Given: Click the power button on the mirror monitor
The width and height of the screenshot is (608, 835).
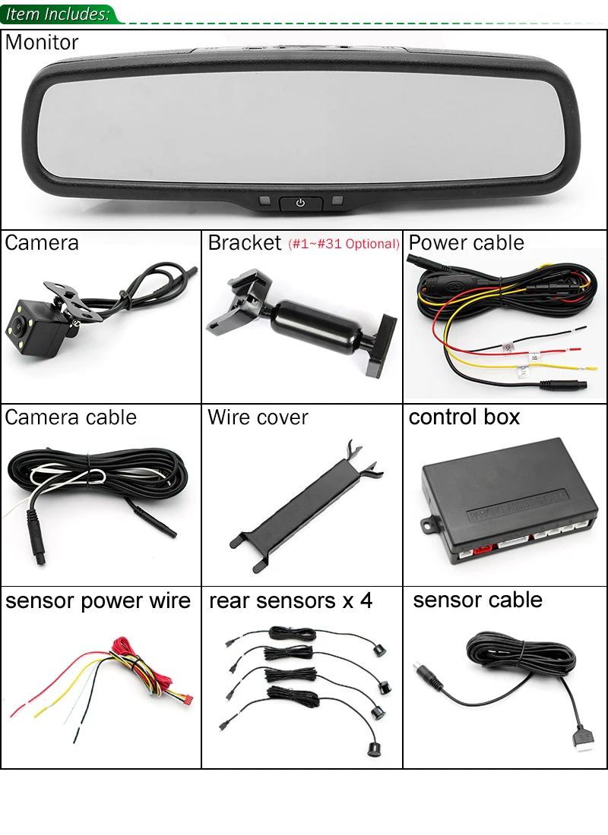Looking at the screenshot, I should (301, 203).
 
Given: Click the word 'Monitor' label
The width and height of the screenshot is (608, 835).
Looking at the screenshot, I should (42, 43).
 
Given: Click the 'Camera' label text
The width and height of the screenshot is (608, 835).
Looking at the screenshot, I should (42, 243).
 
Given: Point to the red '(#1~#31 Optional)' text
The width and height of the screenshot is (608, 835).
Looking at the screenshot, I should (344, 244).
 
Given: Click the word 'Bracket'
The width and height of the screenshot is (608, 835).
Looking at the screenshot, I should (245, 243).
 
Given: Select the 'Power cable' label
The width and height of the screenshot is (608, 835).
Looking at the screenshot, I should (466, 243).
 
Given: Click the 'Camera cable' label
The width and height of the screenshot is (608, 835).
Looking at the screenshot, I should (71, 417).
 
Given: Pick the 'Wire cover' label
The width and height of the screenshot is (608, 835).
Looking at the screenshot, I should (258, 417).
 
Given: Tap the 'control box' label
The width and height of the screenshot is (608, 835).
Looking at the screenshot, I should (464, 417).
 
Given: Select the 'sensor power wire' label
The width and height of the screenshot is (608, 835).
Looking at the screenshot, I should (98, 601).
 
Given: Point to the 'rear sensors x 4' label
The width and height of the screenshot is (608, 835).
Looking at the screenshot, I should (291, 601).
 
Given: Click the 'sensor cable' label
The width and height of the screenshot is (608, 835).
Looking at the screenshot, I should (477, 600).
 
